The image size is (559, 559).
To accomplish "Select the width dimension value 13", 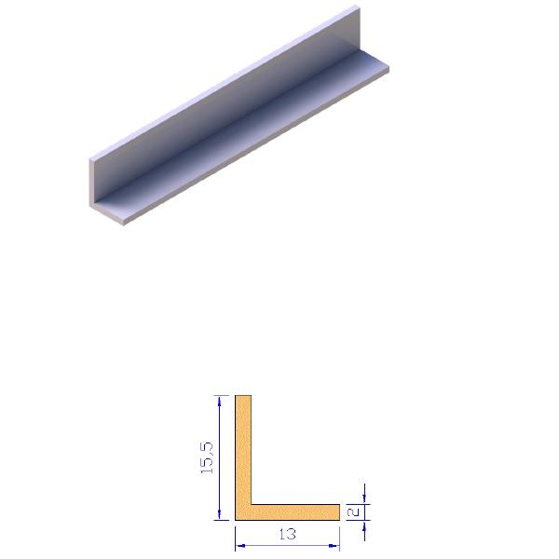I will pos(287,535).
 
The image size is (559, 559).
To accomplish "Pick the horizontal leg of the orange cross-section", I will pos(293,512).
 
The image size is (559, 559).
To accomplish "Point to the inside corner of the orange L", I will pos(252,505).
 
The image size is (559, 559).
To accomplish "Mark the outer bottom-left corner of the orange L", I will pos(236,519).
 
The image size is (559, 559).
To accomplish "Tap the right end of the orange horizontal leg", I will pos(337,512).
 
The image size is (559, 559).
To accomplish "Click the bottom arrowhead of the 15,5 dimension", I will pos(220,515).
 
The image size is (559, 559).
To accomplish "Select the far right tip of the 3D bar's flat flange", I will pos(389,67).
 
